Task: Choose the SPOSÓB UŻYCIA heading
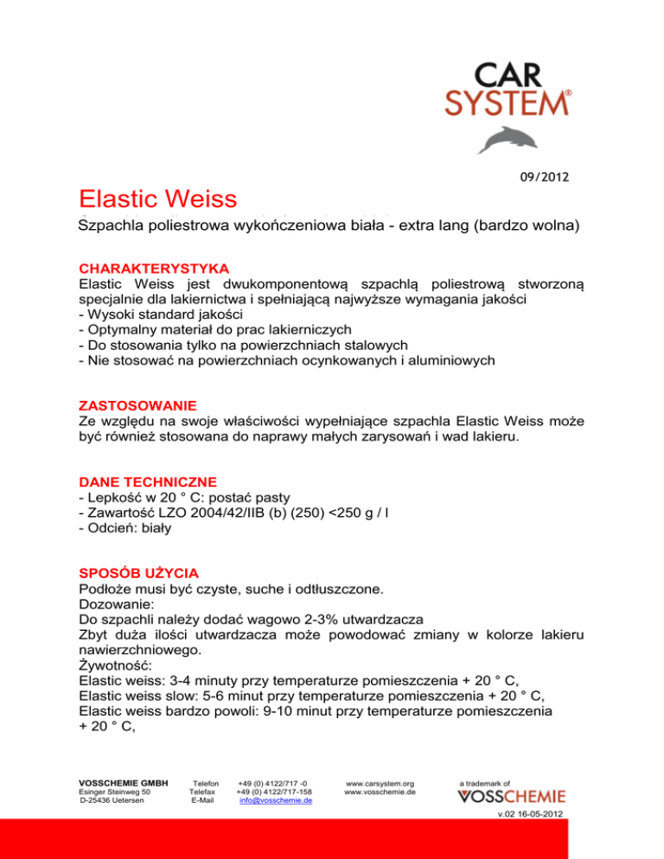tap(138, 571)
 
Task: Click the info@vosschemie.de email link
tap(276, 799)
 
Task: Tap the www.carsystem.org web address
tap(380, 780)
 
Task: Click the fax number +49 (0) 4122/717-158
tap(274, 790)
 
